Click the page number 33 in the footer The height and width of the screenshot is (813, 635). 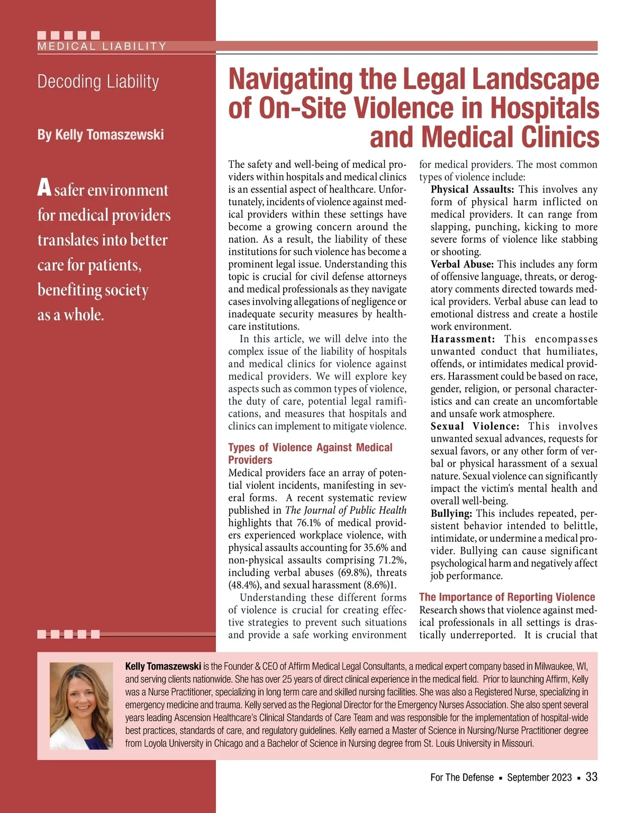(x=592, y=777)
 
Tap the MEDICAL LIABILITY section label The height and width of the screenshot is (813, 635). (x=102, y=46)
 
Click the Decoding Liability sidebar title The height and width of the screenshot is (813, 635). (x=98, y=82)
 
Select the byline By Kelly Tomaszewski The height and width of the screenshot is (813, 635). (x=101, y=135)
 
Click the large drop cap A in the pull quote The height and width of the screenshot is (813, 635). (x=44, y=188)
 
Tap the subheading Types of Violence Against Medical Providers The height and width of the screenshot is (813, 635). (x=310, y=453)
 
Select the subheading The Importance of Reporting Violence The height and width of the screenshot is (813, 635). (x=507, y=597)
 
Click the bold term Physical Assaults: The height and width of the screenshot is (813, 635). (x=472, y=190)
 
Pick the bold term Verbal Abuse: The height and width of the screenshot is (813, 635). (x=462, y=264)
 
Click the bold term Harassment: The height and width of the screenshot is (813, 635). (x=462, y=339)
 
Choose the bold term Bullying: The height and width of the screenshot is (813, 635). (x=451, y=513)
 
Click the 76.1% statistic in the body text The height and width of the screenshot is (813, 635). (x=309, y=523)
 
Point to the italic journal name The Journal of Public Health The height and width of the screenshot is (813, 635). (x=346, y=510)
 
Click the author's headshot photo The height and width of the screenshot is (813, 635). (x=81, y=705)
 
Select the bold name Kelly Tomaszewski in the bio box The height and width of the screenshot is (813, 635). (x=163, y=666)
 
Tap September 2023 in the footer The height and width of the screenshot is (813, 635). (x=539, y=778)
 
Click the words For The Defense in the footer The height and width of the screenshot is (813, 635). (x=462, y=778)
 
